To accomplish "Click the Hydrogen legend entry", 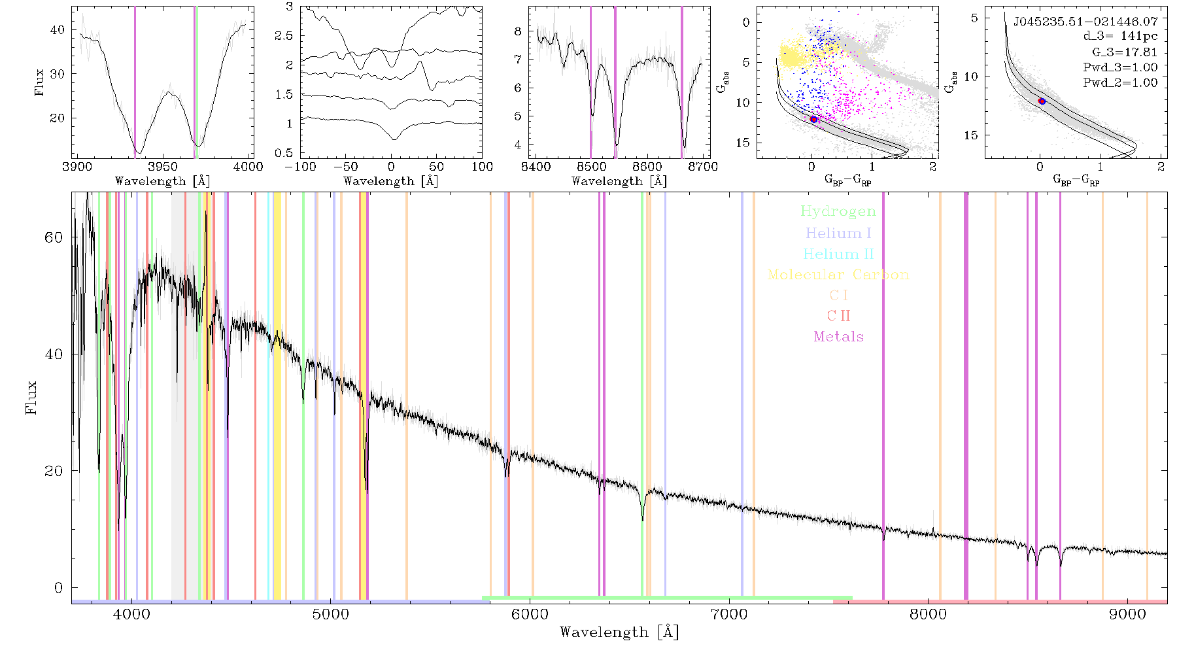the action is pyautogui.click(x=838, y=211).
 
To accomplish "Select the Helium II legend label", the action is pyautogui.click(x=838, y=254).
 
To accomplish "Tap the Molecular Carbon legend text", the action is pyautogui.click(x=838, y=275).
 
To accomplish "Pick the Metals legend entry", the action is pyautogui.click(x=838, y=337).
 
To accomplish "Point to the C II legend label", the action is pyautogui.click(x=838, y=316).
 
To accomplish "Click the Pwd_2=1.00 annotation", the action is pyautogui.click(x=1120, y=82).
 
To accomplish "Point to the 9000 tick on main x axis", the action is pyautogui.click(x=1127, y=614).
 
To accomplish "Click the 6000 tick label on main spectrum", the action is pyautogui.click(x=530, y=614).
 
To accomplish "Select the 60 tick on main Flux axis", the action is pyautogui.click(x=54, y=237).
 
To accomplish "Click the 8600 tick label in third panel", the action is pyautogui.click(x=647, y=166).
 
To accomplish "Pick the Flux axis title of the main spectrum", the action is pyautogui.click(x=31, y=397).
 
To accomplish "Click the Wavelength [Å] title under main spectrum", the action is pyautogui.click(x=619, y=632).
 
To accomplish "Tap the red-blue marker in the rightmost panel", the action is pyautogui.click(x=1042, y=101).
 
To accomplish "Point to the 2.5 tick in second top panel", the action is pyautogui.click(x=284, y=35).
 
